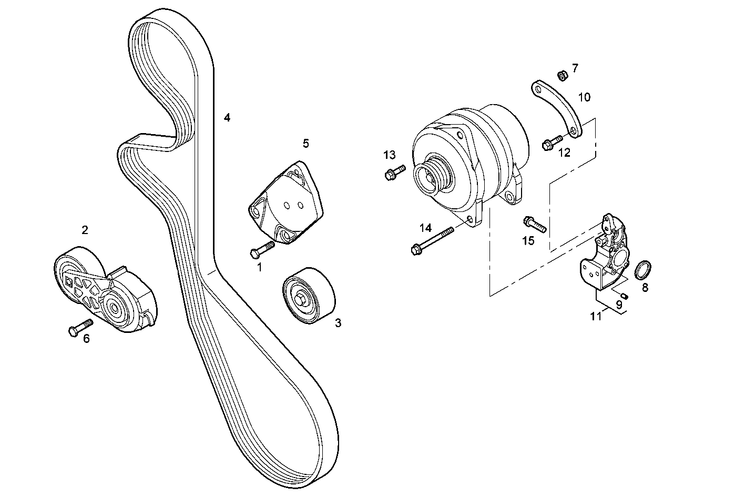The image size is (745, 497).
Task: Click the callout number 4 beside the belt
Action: click(x=227, y=118)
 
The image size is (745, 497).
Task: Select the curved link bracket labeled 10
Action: click(x=558, y=109)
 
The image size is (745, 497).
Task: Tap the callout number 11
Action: click(x=595, y=316)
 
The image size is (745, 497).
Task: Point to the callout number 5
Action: click(x=305, y=143)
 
